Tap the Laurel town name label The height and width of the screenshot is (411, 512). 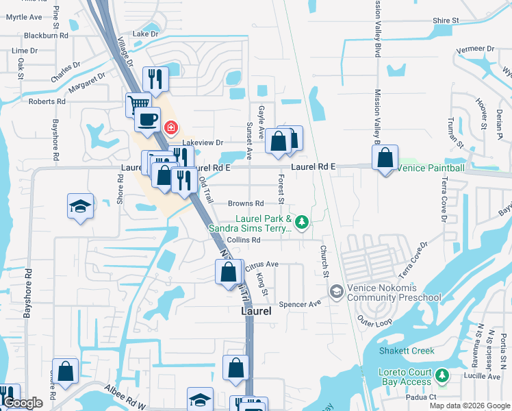[257, 310]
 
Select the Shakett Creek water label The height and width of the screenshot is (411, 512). [407, 351]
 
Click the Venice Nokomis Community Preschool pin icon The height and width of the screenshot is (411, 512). [336, 292]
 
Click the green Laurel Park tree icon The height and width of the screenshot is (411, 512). [302, 221]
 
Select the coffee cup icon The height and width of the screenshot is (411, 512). [147, 121]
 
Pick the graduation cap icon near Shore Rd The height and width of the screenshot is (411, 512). [80, 206]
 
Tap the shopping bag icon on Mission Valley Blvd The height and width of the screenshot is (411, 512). [385, 158]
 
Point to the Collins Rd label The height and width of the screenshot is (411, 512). [244, 240]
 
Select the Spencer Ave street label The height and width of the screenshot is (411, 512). [305, 303]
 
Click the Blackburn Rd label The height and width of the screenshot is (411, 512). [46, 35]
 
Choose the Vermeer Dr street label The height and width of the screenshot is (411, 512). [475, 49]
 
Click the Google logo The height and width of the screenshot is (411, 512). [23, 403]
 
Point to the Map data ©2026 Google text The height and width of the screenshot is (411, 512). [468, 406]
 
